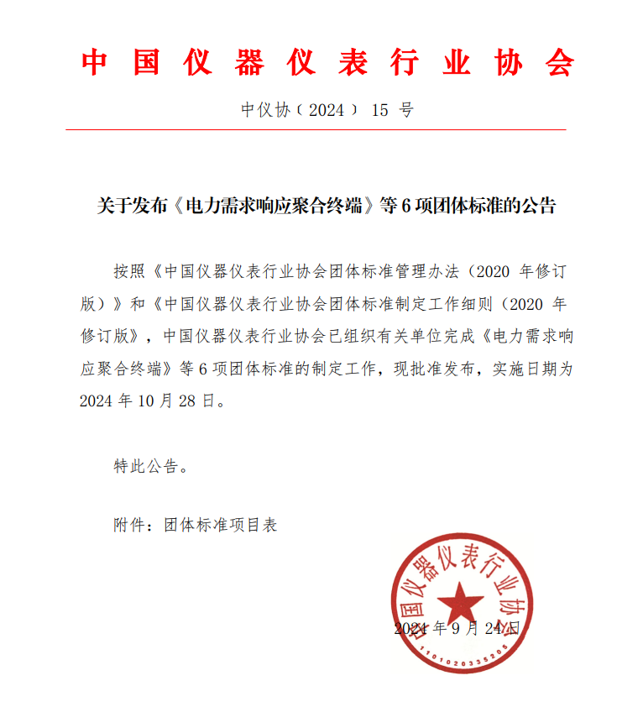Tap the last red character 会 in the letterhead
click(558, 63)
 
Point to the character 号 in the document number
click(406, 110)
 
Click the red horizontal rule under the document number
click(316, 130)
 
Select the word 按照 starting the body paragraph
click(130, 271)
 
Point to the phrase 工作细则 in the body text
click(467, 303)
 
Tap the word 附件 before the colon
click(129, 525)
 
